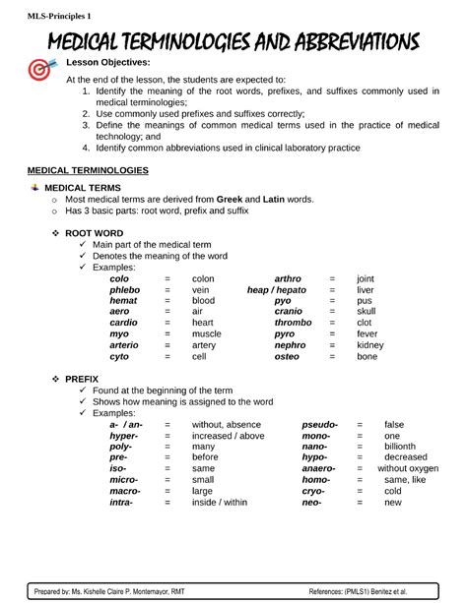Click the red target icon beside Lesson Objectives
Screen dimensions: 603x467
pos(41,70)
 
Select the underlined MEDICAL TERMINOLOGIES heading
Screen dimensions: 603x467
pos(88,170)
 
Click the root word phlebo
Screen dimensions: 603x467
pos(124,291)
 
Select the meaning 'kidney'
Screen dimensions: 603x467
pos(370,345)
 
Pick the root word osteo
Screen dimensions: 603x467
pos(287,357)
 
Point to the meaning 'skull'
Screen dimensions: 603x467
pos(366,310)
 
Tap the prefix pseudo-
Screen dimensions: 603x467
pos(319,424)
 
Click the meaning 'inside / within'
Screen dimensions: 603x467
pos(220,502)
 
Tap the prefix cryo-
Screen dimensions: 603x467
pos(312,490)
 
